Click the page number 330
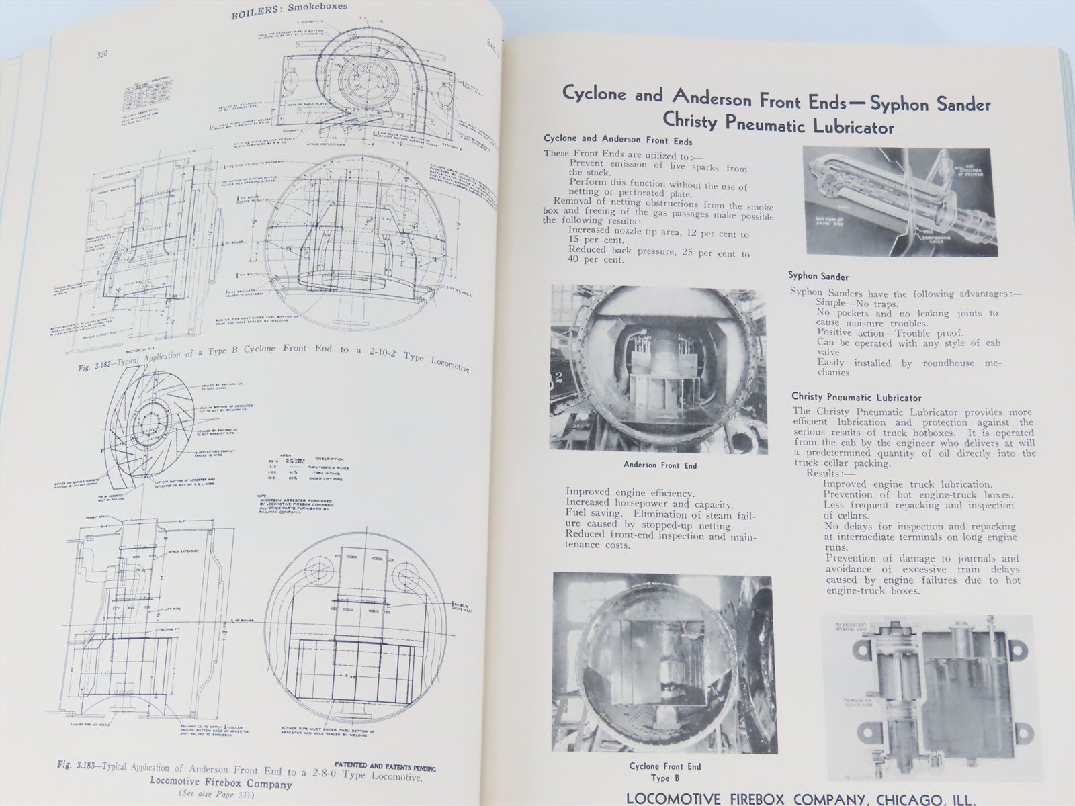107,54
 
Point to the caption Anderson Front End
660,465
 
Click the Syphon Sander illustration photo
899,201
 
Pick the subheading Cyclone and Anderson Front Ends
617,140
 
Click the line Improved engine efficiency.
630,493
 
